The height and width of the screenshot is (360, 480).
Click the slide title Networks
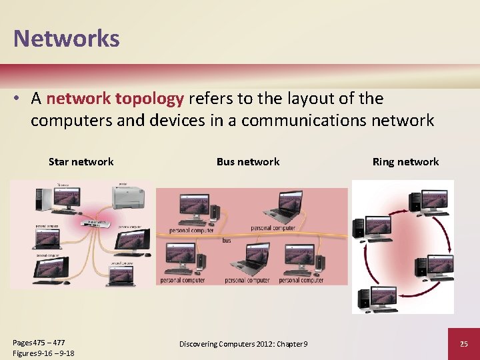click(x=67, y=38)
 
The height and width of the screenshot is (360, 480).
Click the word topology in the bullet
click(x=149, y=99)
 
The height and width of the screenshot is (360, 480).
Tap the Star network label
click(x=81, y=161)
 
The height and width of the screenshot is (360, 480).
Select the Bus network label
click(x=248, y=161)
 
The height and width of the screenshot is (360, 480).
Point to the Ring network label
click(x=405, y=161)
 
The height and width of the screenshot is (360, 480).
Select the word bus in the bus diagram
click(x=227, y=240)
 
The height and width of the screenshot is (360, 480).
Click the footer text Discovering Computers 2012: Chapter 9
click(x=243, y=343)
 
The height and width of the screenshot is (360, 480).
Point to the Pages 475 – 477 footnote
click(x=39, y=342)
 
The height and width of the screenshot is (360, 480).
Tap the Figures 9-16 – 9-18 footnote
click(x=43, y=353)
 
